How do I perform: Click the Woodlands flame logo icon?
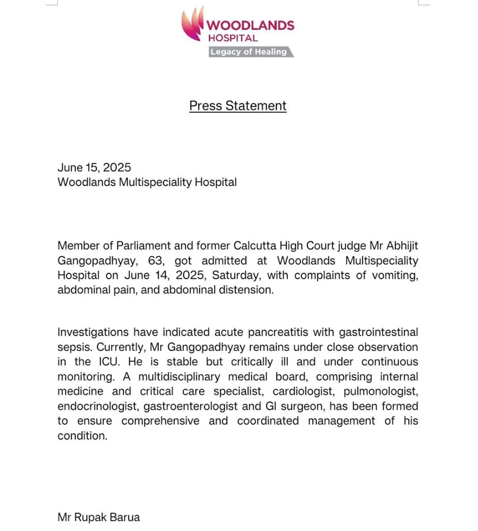pyautogui.click(x=193, y=23)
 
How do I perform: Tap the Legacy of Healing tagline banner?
pyautogui.click(x=249, y=52)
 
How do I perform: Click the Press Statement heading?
pyautogui.click(x=238, y=106)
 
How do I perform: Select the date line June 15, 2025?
pyautogui.click(x=94, y=167)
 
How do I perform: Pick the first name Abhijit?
pyautogui.click(x=399, y=246)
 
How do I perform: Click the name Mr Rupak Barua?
pyautogui.click(x=99, y=517)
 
